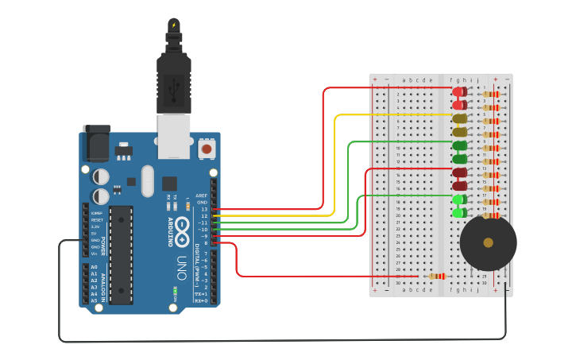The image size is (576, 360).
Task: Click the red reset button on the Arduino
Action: (207, 149)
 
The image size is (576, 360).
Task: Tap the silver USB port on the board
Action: (173, 135)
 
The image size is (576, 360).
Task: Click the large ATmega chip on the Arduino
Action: (121, 254)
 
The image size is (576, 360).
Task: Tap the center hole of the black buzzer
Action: (488, 242)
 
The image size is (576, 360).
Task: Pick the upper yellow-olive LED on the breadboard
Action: (459, 118)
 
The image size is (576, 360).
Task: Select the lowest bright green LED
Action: (459, 212)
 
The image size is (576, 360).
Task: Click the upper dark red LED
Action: (459, 172)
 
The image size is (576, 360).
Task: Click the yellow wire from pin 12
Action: (334, 159)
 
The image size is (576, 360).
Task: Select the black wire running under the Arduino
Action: (278, 341)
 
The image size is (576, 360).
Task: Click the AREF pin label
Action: (202, 195)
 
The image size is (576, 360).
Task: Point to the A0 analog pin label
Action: (94, 267)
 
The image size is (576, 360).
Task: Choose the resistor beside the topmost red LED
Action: (492, 94)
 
